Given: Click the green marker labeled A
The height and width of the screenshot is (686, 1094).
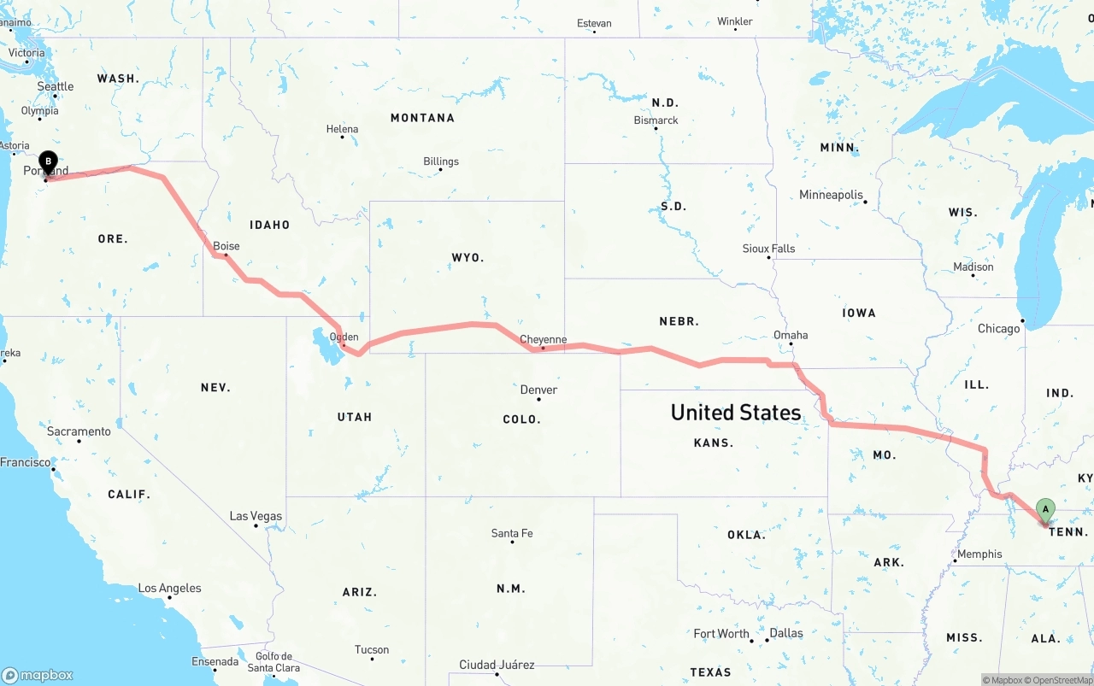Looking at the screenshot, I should coord(1044,510).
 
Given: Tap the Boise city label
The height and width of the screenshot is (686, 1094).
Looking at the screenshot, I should coord(226,246).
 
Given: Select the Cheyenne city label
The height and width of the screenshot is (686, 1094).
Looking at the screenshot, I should coord(544,339).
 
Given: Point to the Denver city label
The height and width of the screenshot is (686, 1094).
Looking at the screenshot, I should coord(538,390).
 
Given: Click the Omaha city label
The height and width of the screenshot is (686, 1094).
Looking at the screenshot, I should coord(791,335).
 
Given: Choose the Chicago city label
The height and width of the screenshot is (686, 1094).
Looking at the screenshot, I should coord(999,328).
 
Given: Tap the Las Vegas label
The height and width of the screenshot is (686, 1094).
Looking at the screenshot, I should coord(256,516).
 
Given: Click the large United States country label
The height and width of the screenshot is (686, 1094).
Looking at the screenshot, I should coord(736,413).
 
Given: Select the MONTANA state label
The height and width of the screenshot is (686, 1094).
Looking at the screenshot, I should coord(422,118).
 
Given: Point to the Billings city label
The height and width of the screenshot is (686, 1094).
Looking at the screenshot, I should coord(441,161).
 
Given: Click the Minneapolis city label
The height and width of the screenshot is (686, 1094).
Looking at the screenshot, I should coord(832,195).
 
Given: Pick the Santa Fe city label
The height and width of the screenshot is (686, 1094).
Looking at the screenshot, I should coord(512,533).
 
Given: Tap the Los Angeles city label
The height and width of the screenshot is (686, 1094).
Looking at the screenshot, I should coord(170,588).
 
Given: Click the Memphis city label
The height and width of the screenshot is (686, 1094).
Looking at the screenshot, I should coord(979,554).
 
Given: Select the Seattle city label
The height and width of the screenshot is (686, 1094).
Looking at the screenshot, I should coord(56,86).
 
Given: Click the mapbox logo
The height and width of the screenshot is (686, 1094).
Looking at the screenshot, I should coord(38,675).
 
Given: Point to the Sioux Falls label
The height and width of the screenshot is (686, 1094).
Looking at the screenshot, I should coord(768,249).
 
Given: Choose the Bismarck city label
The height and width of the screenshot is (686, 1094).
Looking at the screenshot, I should coord(656,120).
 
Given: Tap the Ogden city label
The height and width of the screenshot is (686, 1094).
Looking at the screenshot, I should coord(344,337).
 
